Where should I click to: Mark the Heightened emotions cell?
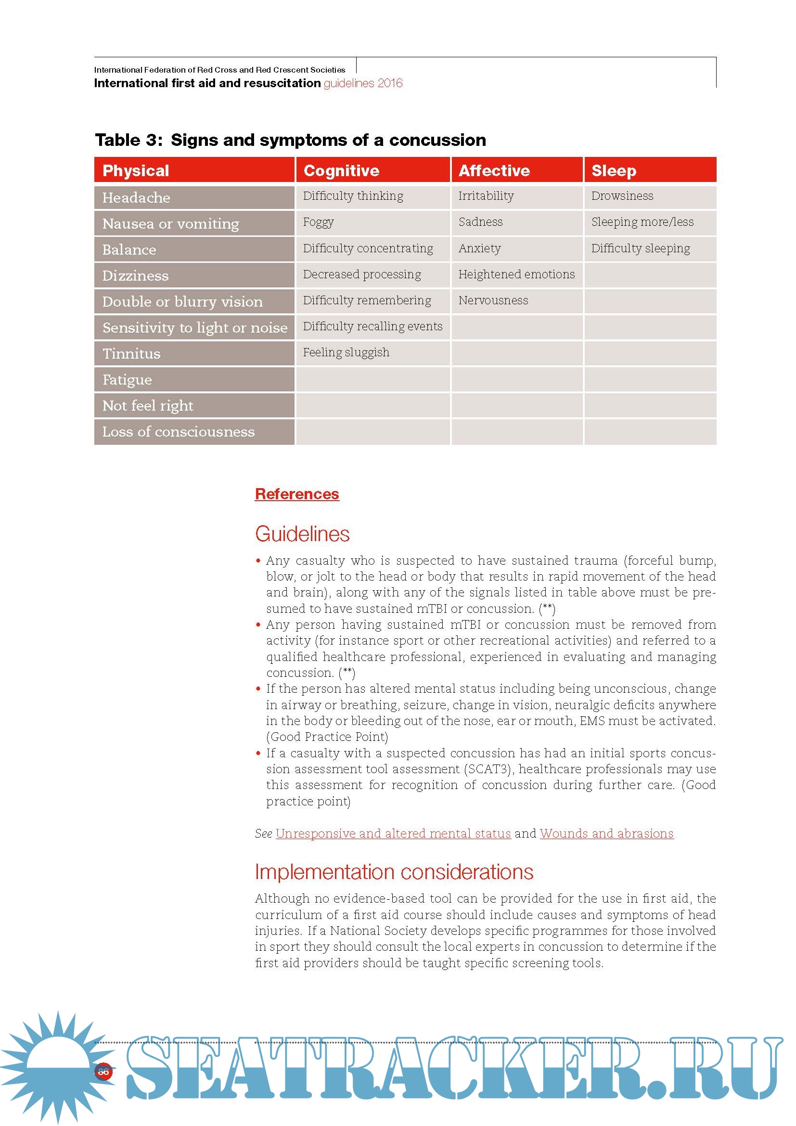click(x=516, y=274)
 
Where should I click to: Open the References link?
click(x=297, y=494)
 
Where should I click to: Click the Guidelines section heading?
click(x=302, y=534)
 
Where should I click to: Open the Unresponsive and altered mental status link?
click(x=393, y=834)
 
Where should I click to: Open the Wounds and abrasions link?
click(x=607, y=834)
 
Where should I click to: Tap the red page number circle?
click(x=103, y=1072)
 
